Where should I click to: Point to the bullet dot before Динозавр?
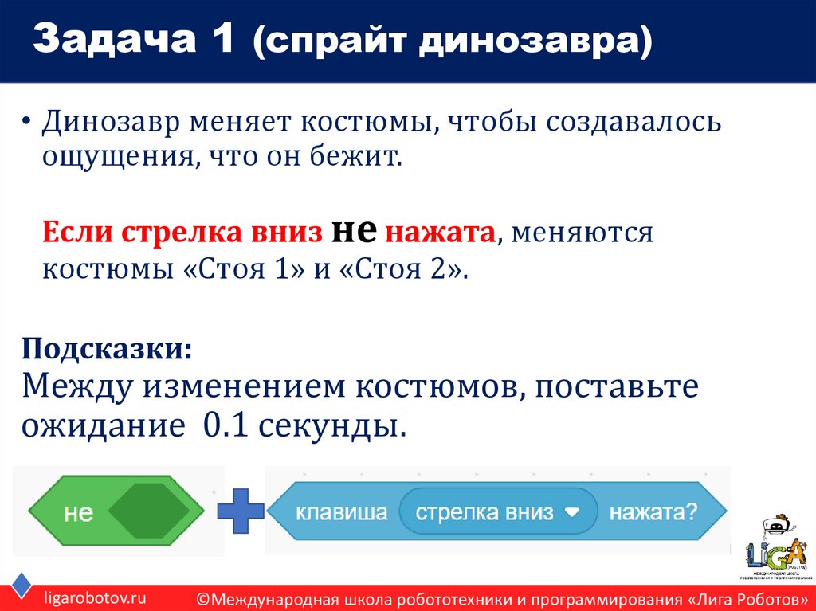(28, 124)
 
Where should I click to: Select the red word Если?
(78, 233)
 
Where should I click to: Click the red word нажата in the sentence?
(441, 233)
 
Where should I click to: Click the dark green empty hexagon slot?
(148, 511)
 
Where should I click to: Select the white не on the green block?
(79, 514)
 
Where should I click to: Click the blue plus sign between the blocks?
(240, 511)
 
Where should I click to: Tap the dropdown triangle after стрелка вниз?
(572, 512)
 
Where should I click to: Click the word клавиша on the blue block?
(341, 512)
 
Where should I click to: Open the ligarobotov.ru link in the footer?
(96, 597)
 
